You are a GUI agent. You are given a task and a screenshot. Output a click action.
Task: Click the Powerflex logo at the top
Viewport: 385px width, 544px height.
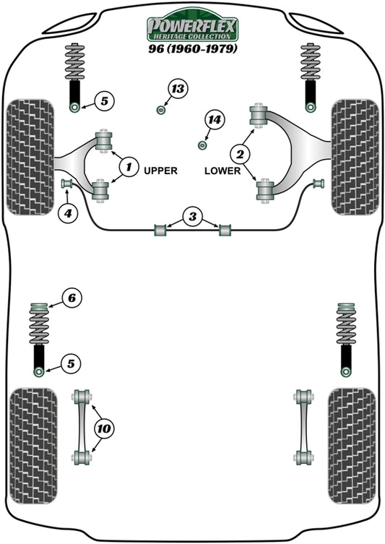pyautogui.click(x=193, y=28)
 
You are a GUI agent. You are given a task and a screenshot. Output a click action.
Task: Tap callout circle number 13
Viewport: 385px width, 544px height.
pyautogui.click(x=177, y=90)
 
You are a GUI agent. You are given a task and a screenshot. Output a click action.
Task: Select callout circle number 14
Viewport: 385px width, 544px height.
pyautogui.click(x=214, y=120)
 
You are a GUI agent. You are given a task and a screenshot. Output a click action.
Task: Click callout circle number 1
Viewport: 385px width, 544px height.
pyautogui.click(x=129, y=168)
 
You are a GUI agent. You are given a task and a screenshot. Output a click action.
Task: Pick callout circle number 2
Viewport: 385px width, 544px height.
pyautogui.click(x=240, y=152)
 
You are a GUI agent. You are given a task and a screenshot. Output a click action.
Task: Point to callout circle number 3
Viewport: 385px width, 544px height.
pyautogui.click(x=192, y=216)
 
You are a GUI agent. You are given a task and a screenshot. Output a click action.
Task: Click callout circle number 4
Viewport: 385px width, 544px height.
pyautogui.click(x=67, y=213)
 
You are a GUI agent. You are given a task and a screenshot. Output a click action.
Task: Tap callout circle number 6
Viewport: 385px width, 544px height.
pyautogui.click(x=72, y=297)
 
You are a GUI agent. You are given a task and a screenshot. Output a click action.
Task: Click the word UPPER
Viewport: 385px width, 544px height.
pyautogui.click(x=160, y=171)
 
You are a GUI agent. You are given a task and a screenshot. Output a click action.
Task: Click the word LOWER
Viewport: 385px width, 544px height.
pyautogui.click(x=221, y=171)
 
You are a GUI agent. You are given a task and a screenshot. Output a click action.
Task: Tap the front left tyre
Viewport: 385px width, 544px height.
pyautogui.click(x=30, y=157)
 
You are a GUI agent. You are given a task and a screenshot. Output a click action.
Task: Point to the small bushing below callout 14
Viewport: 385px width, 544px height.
pyautogui.click(x=203, y=145)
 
